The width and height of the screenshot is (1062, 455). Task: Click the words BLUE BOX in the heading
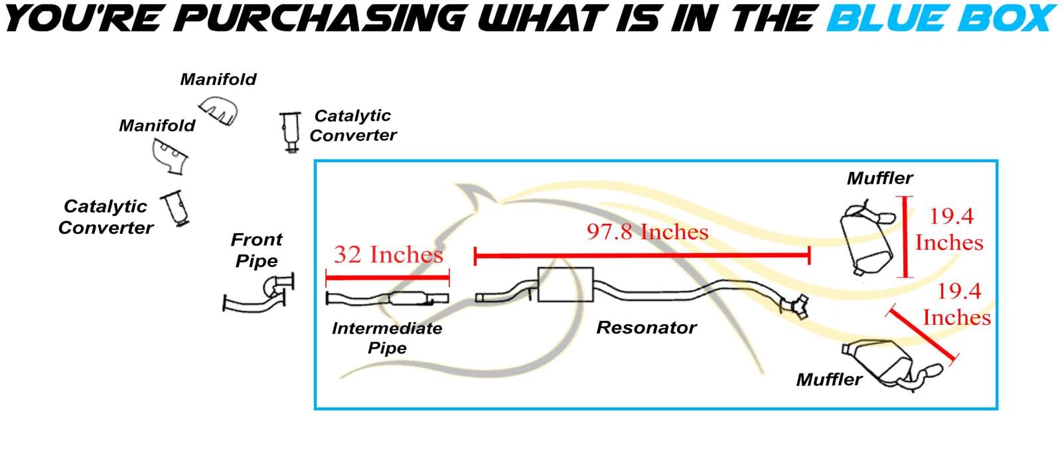tap(941, 19)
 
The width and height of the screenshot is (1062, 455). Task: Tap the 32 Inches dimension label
tap(388, 254)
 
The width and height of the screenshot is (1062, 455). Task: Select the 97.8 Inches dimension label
tap(647, 232)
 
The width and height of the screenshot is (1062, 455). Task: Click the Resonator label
tap(646, 327)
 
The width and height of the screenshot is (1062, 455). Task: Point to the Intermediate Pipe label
tap(387, 338)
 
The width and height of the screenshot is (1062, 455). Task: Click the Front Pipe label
tap(256, 250)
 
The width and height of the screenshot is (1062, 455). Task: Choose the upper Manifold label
tap(218, 80)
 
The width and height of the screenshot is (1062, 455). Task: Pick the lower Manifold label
tap(157, 126)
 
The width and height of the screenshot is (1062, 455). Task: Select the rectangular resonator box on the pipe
tap(565, 285)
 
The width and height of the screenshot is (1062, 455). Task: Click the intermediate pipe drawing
tap(388, 299)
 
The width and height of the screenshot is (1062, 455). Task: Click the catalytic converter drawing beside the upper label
tap(289, 132)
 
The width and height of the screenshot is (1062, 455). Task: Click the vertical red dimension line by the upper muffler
tap(906, 236)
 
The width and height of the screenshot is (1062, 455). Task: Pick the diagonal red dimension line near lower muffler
tap(923, 335)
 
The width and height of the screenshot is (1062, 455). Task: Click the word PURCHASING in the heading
tap(323, 19)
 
